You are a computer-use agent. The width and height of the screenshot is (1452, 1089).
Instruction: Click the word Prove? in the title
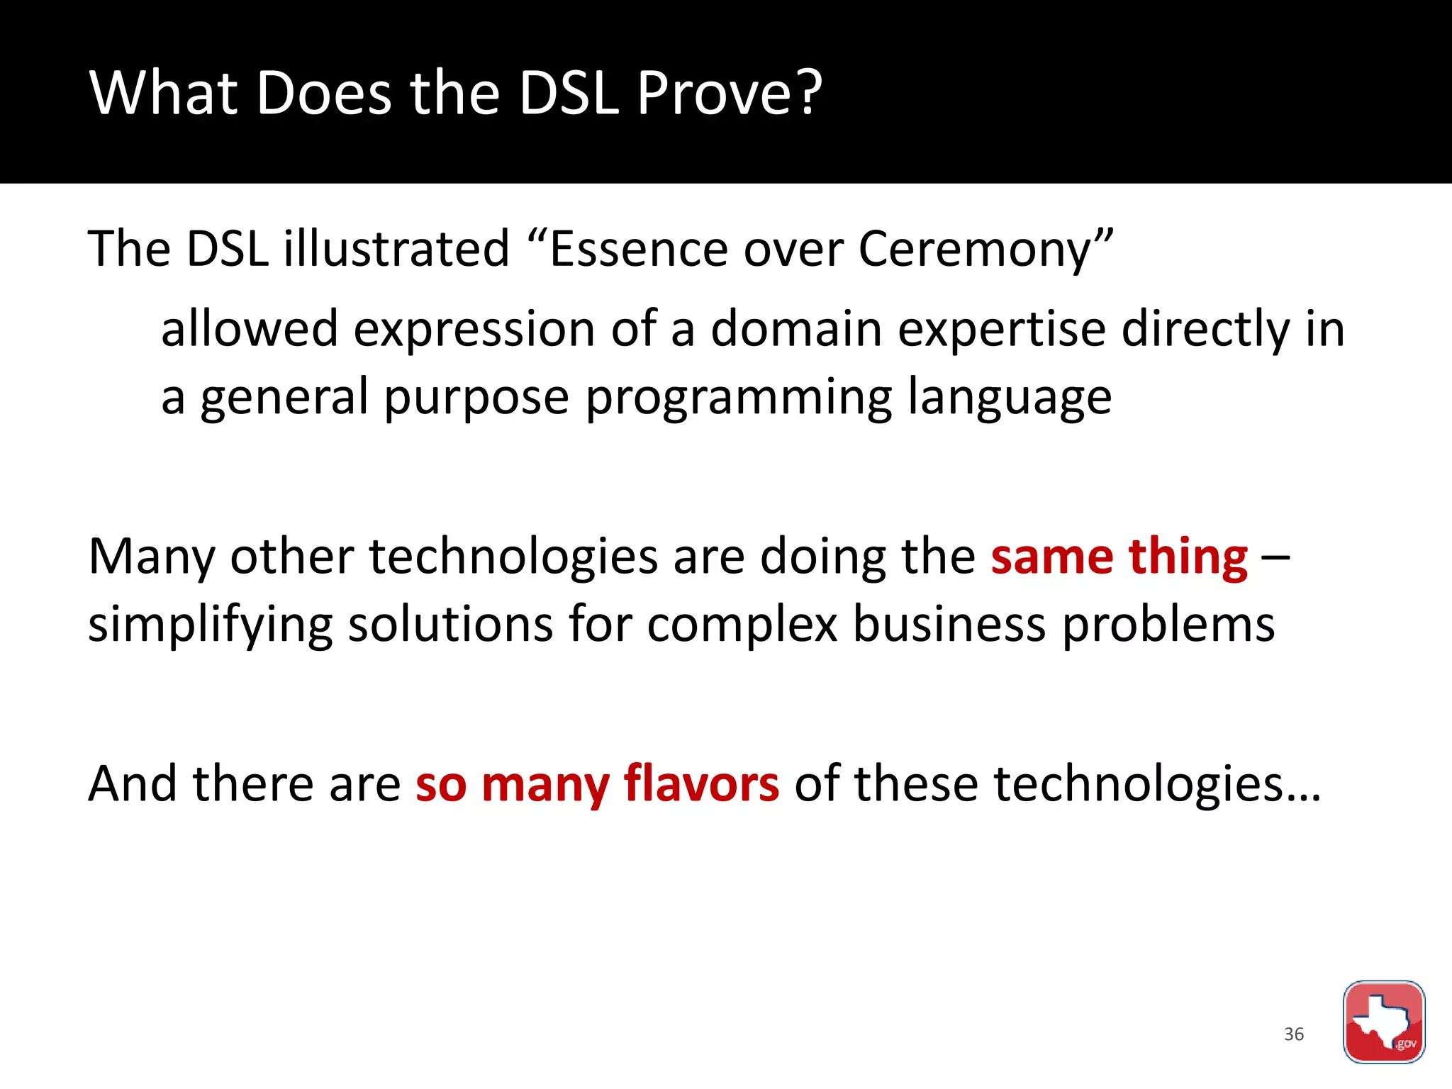[729, 94]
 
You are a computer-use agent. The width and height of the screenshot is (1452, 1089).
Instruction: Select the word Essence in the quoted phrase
[638, 250]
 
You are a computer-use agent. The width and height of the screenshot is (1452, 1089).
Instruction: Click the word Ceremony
[975, 250]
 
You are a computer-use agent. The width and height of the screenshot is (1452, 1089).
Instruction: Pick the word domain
[796, 330]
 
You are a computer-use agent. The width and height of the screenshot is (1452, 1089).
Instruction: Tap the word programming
[739, 398]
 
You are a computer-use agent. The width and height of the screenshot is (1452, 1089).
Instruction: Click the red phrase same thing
[1119, 557]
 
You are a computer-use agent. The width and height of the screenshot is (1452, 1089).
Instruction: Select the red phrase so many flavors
[597, 784]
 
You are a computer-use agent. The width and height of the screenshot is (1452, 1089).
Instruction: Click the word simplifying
[210, 625]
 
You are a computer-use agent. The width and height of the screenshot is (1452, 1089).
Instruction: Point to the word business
[949, 625]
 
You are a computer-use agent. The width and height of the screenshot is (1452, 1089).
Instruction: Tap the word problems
[1168, 625]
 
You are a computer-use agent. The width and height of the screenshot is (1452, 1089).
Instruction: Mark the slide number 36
[1294, 1034]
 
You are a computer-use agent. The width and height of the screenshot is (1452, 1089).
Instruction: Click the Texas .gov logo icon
[1383, 1022]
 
